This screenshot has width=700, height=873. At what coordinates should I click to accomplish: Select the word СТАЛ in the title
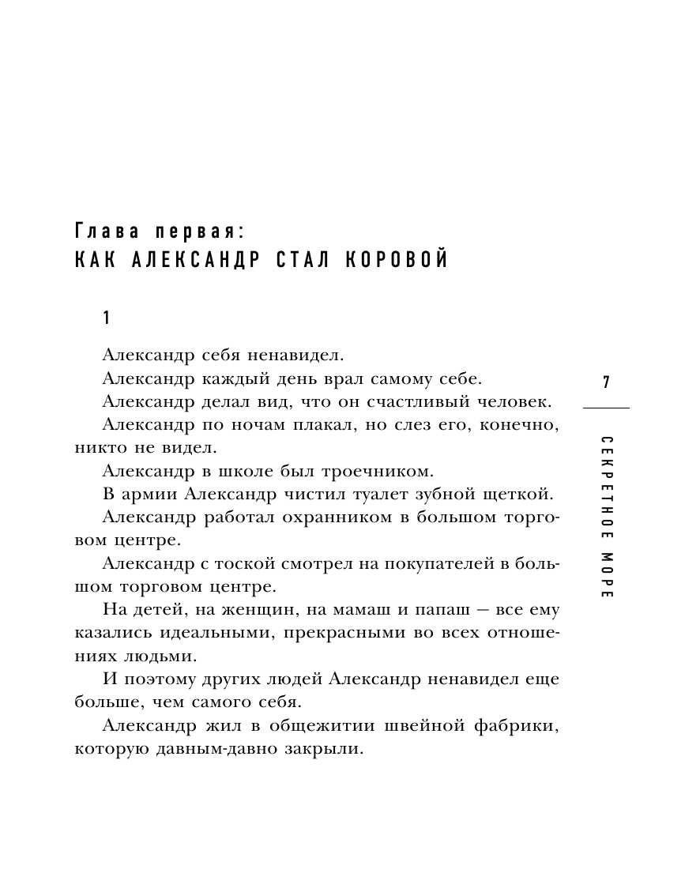click(x=303, y=260)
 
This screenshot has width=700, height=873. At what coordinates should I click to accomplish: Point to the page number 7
click(x=606, y=383)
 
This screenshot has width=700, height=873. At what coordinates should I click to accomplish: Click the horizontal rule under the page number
click(x=606, y=408)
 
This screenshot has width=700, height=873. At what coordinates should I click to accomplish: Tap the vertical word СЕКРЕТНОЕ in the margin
click(x=606, y=487)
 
